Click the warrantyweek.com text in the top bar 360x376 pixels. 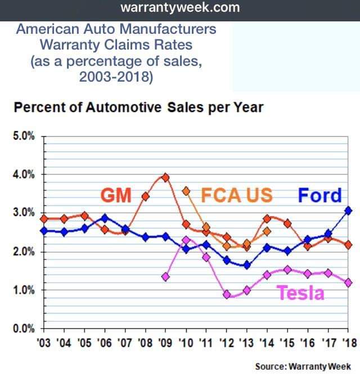pyautogui.click(x=180, y=8)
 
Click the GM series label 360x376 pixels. pyautogui.click(x=116, y=195)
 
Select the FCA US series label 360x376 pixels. pyautogui.click(x=236, y=195)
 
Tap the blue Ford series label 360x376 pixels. pyautogui.click(x=319, y=195)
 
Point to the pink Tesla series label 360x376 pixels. pyautogui.click(x=300, y=293)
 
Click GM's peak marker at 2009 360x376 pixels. pyautogui.click(x=165, y=177)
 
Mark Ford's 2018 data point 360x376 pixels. pyautogui.click(x=348, y=210)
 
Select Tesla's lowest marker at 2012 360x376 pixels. pyautogui.click(x=227, y=294)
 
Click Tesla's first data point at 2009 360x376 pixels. pyautogui.click(x=165, y=277)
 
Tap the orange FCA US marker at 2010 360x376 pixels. pyautogui.click(x=186, y=191)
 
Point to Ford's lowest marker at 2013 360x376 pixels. pyautogui.click(x=247, y=265)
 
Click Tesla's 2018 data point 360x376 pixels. pyautogui.click(x=348, y=283)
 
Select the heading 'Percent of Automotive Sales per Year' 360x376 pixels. pyautogui.click(x=138, y=107)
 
